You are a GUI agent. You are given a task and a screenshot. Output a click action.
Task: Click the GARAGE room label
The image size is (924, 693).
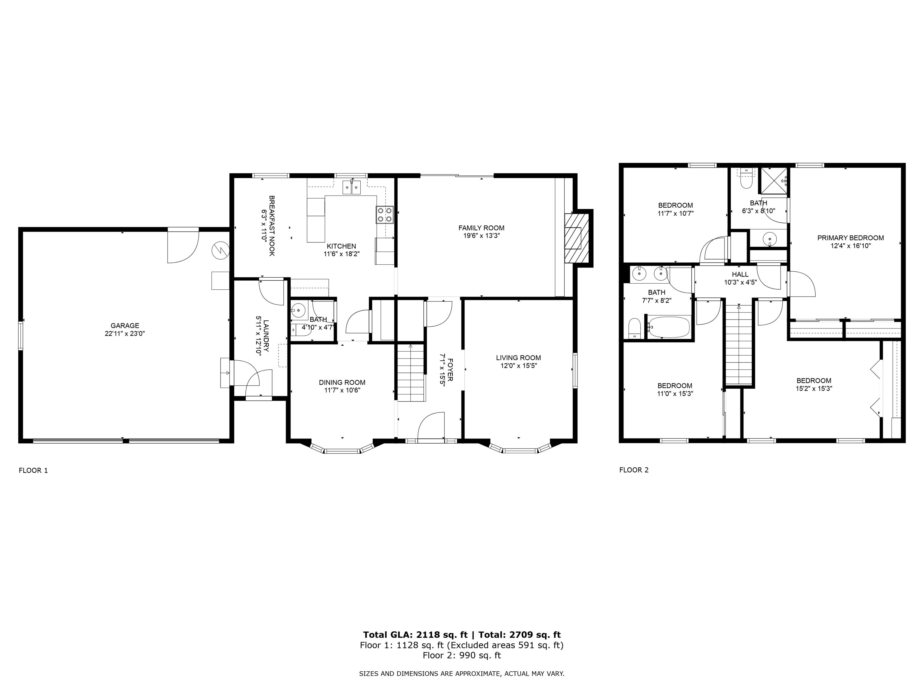coord(125,326)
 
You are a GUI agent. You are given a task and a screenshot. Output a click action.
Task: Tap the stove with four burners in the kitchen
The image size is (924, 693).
coord(385,215)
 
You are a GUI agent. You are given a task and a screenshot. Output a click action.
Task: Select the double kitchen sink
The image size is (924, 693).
coord(352,188)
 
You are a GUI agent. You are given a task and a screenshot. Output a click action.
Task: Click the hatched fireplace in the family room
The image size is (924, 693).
coord(578,238)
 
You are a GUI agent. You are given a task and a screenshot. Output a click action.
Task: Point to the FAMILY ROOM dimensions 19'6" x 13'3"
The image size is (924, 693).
coord(481,236)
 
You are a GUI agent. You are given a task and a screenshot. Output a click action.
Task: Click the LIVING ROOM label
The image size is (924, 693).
coord(518,358)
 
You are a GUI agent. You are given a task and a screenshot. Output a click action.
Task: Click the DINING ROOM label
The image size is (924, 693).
coord(342,382)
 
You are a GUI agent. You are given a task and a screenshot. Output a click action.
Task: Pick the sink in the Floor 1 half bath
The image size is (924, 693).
coord(299,310)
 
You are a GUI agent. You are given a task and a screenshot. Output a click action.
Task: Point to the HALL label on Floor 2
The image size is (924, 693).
coord(740,274)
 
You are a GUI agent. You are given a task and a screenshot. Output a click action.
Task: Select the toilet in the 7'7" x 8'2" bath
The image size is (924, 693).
coord(635,328)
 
